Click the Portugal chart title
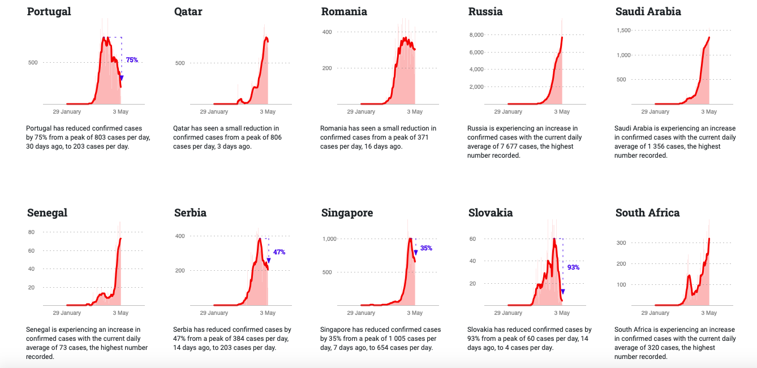coord(49,12)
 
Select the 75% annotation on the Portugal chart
coord(132,60)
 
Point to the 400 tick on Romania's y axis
coord(327,32)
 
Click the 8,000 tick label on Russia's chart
coord(476,35)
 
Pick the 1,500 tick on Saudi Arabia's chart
coord(623,30)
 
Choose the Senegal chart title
coord(47,213)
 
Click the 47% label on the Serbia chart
coord(279,252)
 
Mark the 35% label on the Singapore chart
coord(426,248)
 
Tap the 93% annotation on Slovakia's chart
coord(573,267)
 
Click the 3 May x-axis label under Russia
coord(562,112)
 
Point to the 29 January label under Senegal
coord(67,313)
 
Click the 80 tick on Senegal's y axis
coord(31,232)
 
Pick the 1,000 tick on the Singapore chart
coord(329,239)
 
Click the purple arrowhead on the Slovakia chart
coord(563,292)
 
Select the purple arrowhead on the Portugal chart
coord(122,78)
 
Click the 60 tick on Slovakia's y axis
coord(472,239)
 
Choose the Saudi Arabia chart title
coord(648,12)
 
